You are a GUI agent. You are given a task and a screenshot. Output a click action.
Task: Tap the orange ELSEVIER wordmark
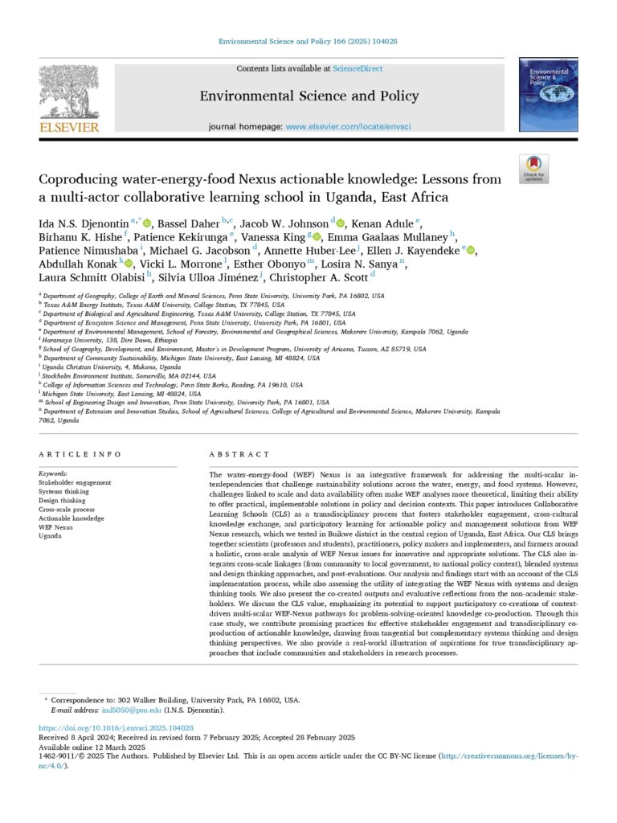click(69, 127)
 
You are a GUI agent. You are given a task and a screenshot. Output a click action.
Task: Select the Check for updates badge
click(533, 169)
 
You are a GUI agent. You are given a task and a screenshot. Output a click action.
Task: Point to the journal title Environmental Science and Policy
click(309, 96)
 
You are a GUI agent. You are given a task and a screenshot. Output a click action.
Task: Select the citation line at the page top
click(308, 40)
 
